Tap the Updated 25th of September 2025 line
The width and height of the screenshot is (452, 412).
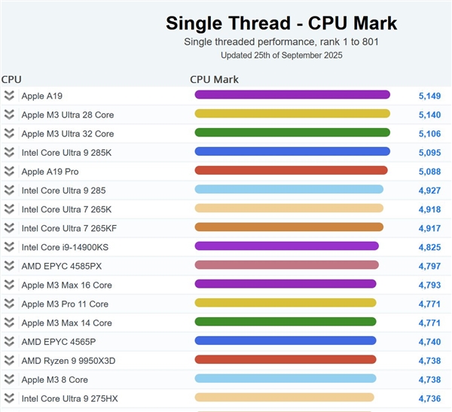pyautogui.click(x=281, y=55)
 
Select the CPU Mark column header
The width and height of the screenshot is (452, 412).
pyautogui.click(x=214, y=79)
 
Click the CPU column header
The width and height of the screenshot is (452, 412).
pyautogui.click(x=11, y=79)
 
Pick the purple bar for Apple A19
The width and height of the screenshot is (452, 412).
pyautogui.click(x=292, y=95)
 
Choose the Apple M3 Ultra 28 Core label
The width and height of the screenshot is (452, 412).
pyautogui.click(x=68, y=114)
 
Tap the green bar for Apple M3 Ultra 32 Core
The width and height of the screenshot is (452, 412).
pyautogui.click(x=292, y=133)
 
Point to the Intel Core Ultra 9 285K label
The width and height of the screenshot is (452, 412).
pyautogui.click(x=68, y=152)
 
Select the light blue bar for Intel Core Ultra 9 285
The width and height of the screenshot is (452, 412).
pyautogui.click(x=289, y=190)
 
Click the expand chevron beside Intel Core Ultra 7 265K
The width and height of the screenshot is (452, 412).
pyautogui.click(x=9, y=209)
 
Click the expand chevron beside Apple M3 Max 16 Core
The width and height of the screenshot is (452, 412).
pyautogui.click(x=9, y=285)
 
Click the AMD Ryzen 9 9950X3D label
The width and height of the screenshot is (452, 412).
pyautogui.click(x=69, y=360)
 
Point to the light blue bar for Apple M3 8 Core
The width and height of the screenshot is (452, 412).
pyautogui.click(x=285, y=379)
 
